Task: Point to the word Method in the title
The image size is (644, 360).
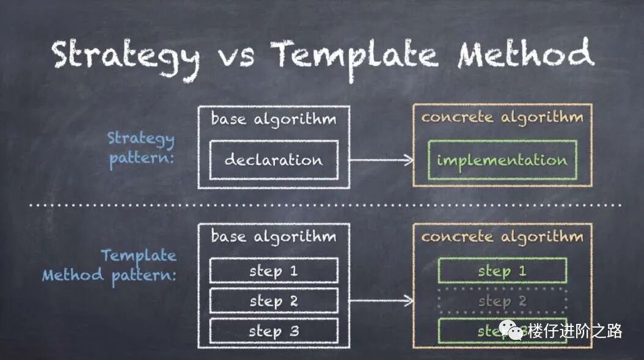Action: click(525, 54)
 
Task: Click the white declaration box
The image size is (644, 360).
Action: click(273, 160)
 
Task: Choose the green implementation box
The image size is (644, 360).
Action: click(502, 160)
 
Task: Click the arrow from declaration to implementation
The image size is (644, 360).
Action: click(382, 160)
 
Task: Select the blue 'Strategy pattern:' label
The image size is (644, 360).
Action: click(141, 149)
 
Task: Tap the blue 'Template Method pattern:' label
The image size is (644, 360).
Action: click(109, 265)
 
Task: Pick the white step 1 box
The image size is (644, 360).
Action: click(273, 271)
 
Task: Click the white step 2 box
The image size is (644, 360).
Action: click(273, 301)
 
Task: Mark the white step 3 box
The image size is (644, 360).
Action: click(273, 331)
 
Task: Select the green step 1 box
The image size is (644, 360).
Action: click(502, 271)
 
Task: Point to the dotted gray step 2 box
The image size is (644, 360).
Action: click(502, 301)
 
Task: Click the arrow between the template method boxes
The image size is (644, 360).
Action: click(382, 300)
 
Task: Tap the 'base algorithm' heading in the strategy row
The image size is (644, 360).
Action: click(273, 119)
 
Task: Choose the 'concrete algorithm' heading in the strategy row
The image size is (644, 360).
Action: click(502, 117)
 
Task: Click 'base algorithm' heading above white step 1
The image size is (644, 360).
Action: click(273, 237)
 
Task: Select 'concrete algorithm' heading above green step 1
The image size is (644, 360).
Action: click(502, 237)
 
